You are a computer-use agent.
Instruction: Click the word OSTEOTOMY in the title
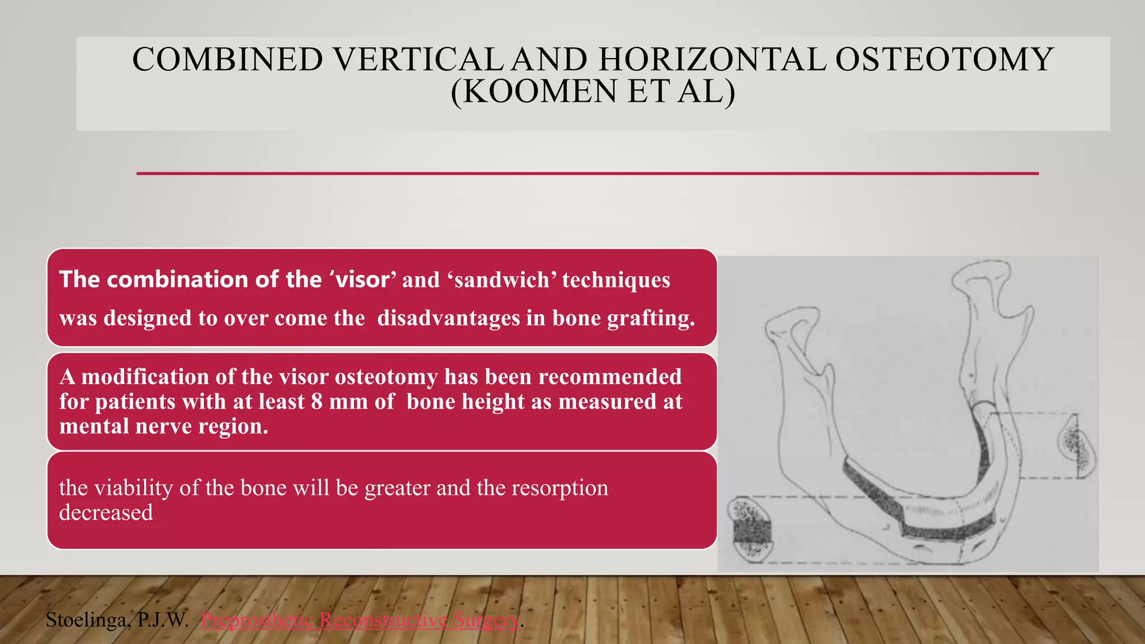click(x=944, y=60)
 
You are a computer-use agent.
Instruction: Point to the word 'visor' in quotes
click(x=362, y=280)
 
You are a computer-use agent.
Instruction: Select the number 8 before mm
click(x=317, y=402)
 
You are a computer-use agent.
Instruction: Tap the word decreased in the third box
click(x=106, y=513)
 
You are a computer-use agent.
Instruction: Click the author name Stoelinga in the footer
click(x=88, y=620)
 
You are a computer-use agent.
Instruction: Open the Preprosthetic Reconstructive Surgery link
click(x=360, y=620)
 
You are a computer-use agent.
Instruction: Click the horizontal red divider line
click(x=587, y=174)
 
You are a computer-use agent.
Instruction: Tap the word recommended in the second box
click(x=610, y=377)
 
